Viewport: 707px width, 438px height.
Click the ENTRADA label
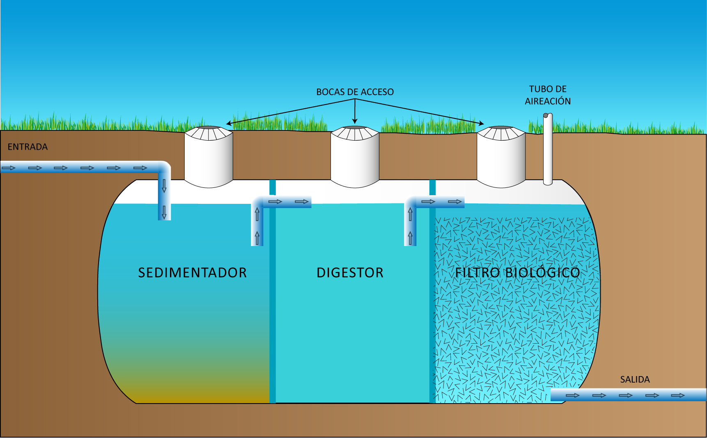tap(28, 147)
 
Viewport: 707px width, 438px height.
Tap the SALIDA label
tap(635, 380)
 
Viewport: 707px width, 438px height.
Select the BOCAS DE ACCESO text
tap(355, 92)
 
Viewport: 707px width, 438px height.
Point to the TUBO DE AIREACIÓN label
tap(548, 95)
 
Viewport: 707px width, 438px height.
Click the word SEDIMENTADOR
tap(192, 273)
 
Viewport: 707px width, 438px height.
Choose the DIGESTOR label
tap(350, 273)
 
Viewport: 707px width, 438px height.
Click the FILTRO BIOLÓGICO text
tap(517, 273)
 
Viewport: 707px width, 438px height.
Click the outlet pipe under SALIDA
tap(628, 395)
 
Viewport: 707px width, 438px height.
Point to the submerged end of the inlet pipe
tap(164, 213)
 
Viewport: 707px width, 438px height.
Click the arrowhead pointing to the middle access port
tap(355, 121)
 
